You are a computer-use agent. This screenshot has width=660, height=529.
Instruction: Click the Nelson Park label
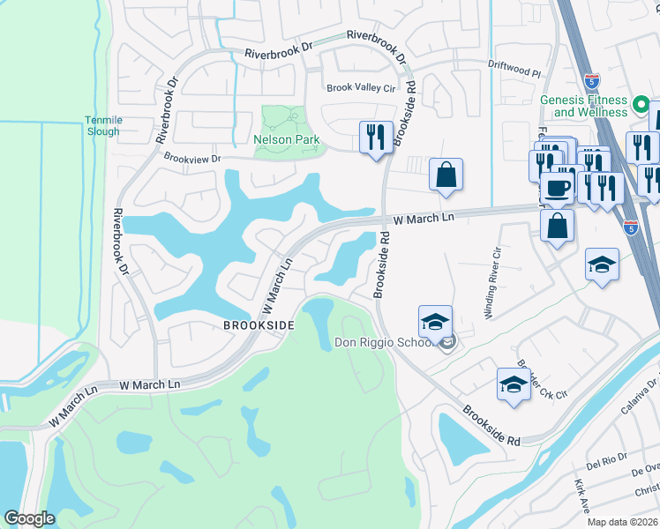pos(286,140)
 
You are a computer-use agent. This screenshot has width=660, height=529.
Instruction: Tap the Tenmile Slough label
pos(102,125)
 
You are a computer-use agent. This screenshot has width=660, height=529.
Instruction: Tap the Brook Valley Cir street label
pos(361,87)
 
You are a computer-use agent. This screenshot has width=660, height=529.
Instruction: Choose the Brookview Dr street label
pos(191,158)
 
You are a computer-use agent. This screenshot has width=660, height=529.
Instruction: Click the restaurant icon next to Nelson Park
pos(376,138)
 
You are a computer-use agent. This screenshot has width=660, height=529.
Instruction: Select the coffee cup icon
pos(557,187)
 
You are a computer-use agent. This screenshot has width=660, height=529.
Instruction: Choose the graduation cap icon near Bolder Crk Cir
pos(514,384)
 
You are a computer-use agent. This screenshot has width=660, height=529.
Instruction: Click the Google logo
pos(29,519)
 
